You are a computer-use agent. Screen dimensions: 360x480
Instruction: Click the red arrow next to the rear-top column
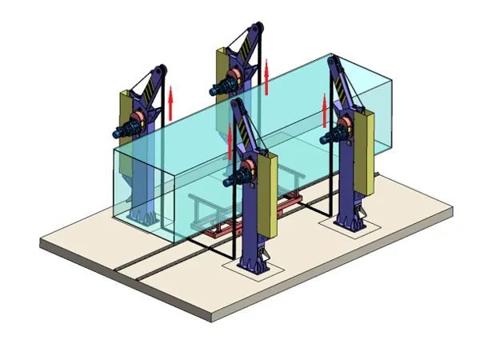(x=267, y=76)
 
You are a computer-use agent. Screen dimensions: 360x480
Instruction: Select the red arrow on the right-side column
(x=324, y=112)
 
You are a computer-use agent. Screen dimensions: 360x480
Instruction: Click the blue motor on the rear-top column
(x=225, y=82)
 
